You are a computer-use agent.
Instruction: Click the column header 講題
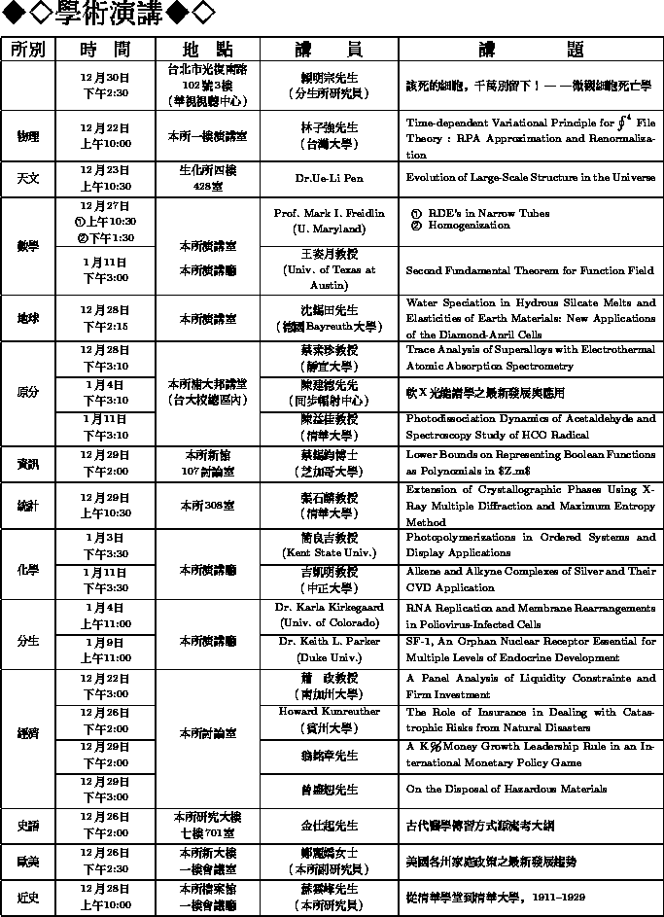[531, 50]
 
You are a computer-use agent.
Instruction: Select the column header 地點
[208, 50]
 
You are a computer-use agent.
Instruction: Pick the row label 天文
[28, 179]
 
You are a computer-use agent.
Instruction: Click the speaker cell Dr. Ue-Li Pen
[329, 179]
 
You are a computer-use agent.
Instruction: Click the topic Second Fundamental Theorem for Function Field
[530, 270]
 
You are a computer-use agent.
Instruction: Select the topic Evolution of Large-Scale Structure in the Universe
[530, 179]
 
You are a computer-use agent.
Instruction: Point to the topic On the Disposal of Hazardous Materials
[506, 790]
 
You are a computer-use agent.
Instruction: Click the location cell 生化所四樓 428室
[208, 179]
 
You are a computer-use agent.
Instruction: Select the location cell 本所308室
[208, 506]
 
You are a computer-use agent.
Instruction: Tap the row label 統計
[28, 506]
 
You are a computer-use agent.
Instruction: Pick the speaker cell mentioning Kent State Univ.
[329, 545]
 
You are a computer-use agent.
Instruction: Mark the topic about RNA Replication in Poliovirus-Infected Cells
[530, 616]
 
